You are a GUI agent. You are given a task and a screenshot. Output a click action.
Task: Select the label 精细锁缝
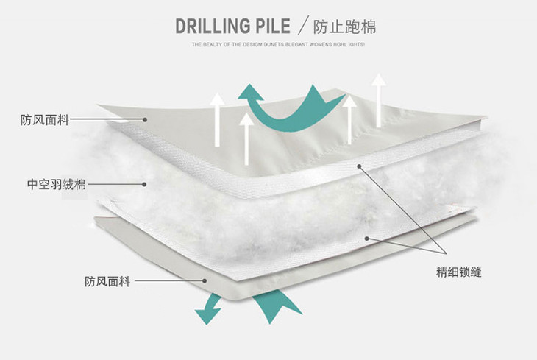[459, 272]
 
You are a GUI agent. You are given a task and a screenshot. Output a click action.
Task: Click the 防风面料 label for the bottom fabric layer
[107, 281]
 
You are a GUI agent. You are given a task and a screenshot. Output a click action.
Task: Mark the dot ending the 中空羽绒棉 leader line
[146, 184]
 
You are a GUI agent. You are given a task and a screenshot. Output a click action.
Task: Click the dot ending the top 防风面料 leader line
[146, 119]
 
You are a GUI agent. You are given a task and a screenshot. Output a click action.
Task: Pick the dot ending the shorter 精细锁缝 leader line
[366, 237]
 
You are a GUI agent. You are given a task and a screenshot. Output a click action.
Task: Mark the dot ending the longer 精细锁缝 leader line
[360, 166]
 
